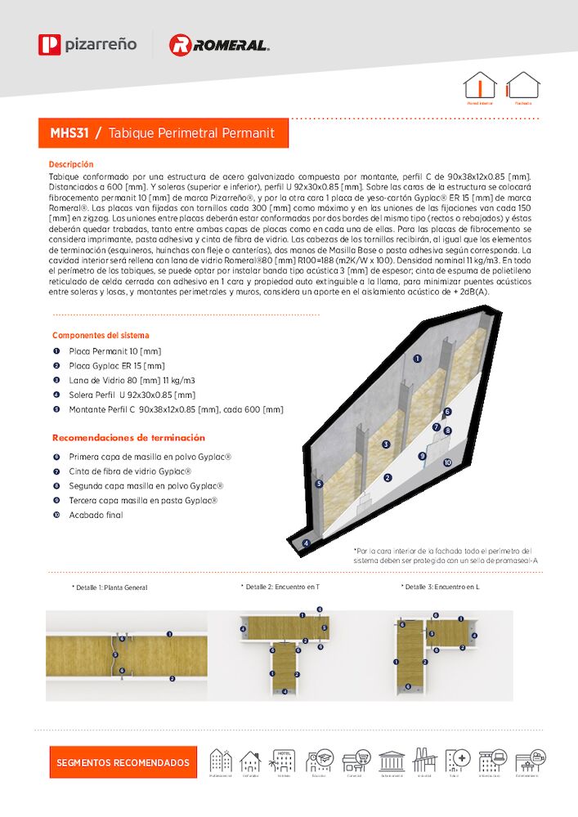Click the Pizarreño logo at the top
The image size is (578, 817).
click(87, 44)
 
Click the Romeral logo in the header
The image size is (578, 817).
click(218, 45)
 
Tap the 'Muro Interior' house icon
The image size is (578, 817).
click(480, 86)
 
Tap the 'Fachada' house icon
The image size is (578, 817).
click(522, 86)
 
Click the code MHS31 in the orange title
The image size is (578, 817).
click(69, 132)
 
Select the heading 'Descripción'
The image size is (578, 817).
click(71, 164)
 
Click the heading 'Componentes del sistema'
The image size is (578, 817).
click(101, 335)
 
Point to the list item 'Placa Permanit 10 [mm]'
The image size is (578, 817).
click(114, 350)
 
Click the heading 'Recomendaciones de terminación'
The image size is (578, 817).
click(129, 438)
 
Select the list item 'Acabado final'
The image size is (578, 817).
click(96, 516)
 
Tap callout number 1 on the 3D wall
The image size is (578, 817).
click(417, 358)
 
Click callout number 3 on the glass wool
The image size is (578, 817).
click(386, 444)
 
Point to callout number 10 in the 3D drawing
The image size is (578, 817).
click(447, 462)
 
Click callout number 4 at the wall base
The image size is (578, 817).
click(307, 542)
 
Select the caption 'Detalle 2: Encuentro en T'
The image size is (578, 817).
click(280, 587)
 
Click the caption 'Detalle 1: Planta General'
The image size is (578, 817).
click(110, 587)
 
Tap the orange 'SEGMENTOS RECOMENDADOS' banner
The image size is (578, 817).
click(123, 762)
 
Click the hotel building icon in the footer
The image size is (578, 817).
click(284, 761)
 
